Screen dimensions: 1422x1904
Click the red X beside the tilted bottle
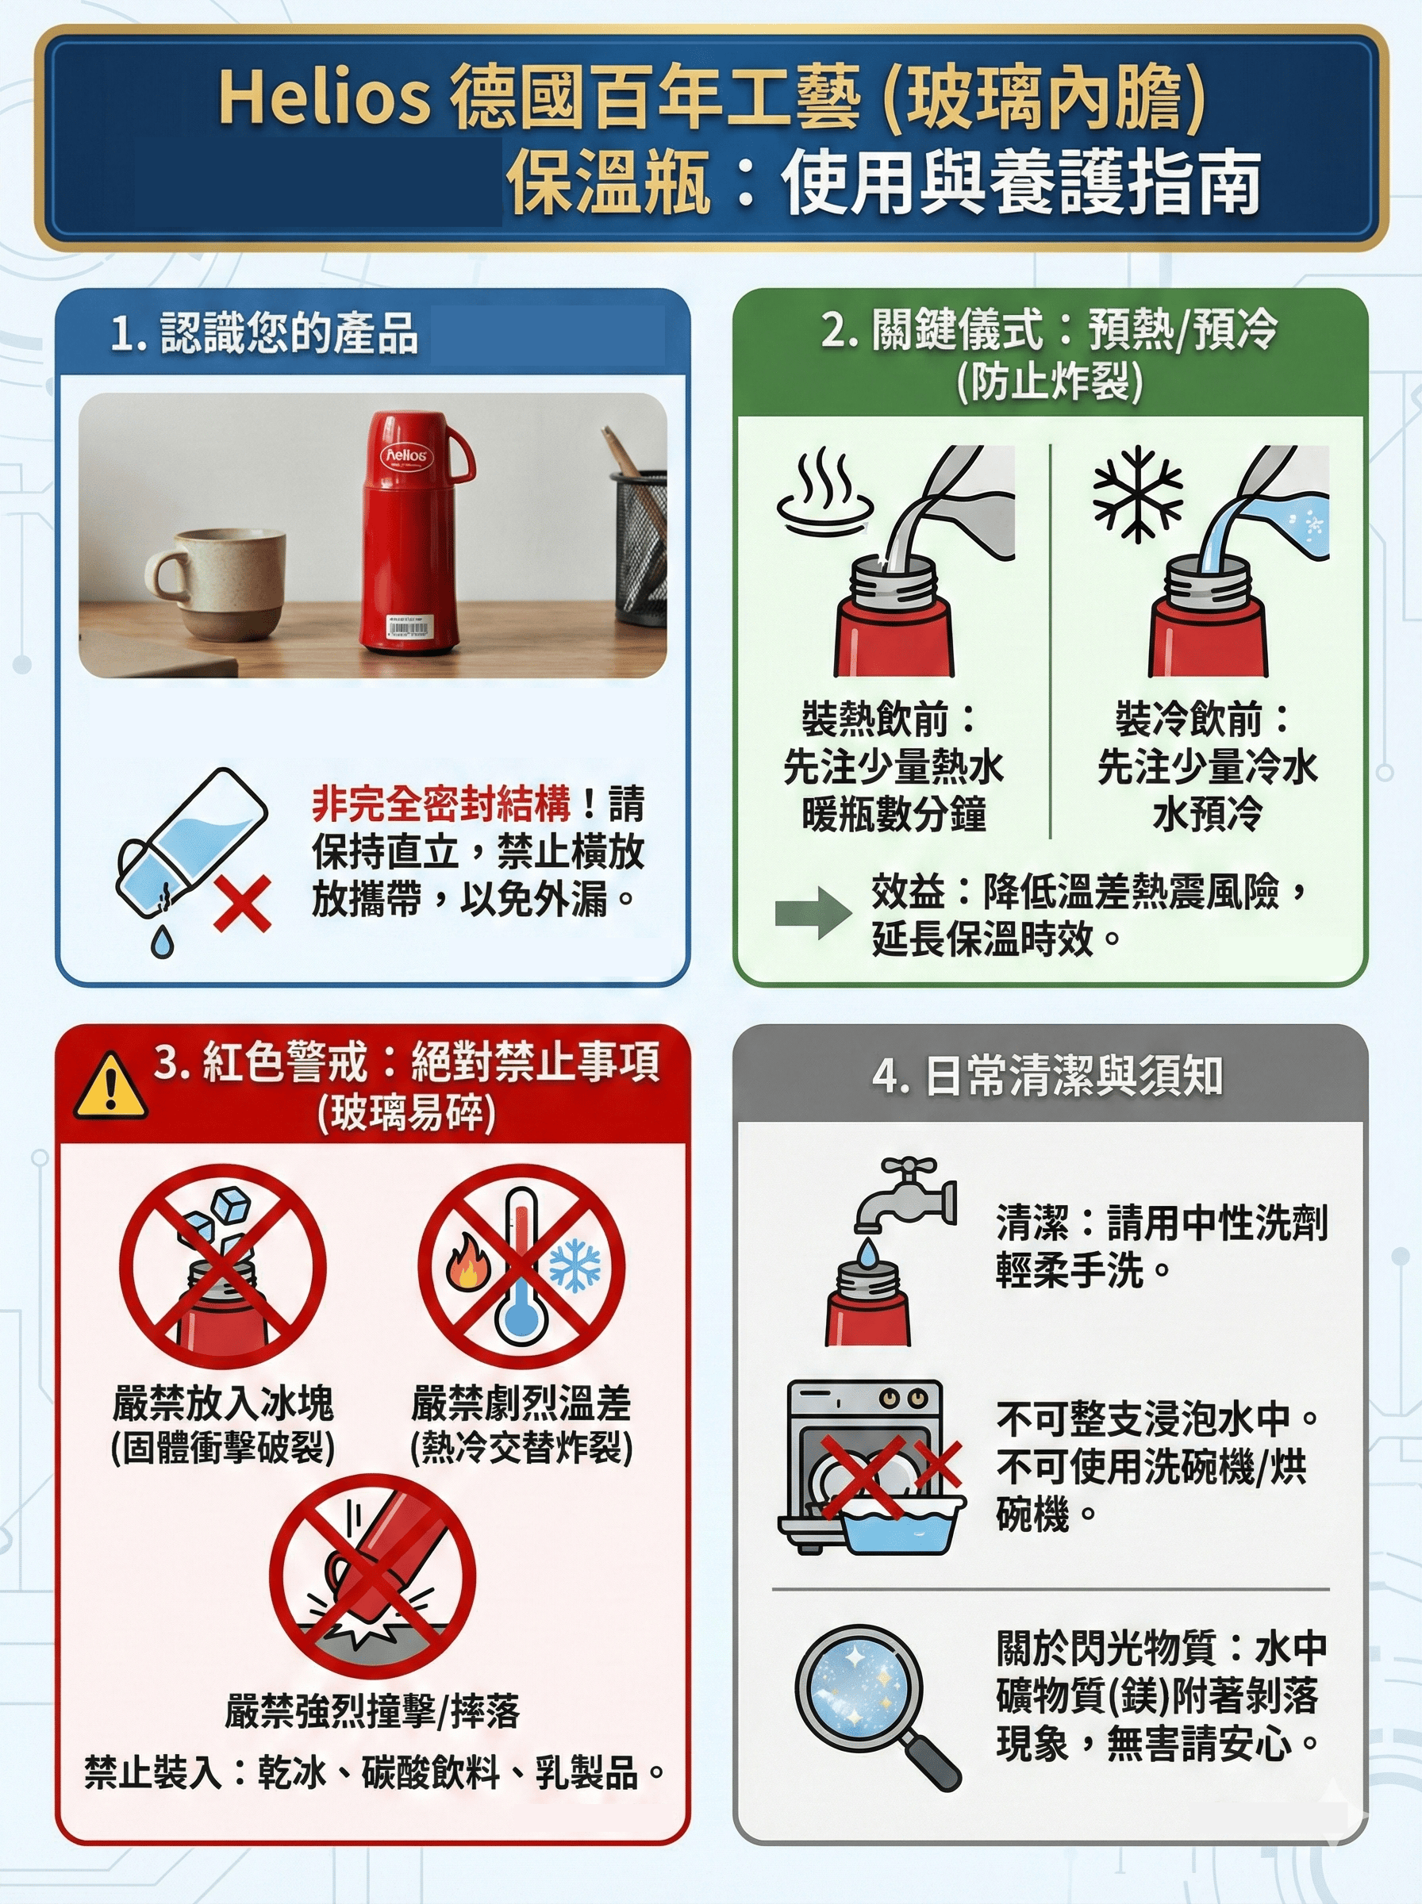[x=243, y=904]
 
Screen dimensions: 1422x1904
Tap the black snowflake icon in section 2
[x=1137, y=495]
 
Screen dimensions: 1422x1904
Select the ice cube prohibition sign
[x=223, y=1266]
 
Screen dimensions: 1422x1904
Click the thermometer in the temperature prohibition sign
[x=521, y=1269]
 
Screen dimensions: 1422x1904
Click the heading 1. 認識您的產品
[x=264, y=333]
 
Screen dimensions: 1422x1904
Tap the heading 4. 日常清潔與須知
[x=1047, y=1076]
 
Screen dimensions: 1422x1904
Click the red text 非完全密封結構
[x=440, y=804]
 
